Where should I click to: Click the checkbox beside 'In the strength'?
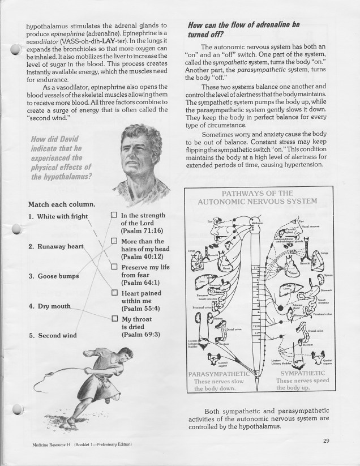(114, 216)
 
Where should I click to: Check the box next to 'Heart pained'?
(114, 293)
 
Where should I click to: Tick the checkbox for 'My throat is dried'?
(114, 319)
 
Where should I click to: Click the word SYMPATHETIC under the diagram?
(303, 374)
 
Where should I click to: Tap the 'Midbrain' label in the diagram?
(257, 223)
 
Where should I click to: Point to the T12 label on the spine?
(256, 327)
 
